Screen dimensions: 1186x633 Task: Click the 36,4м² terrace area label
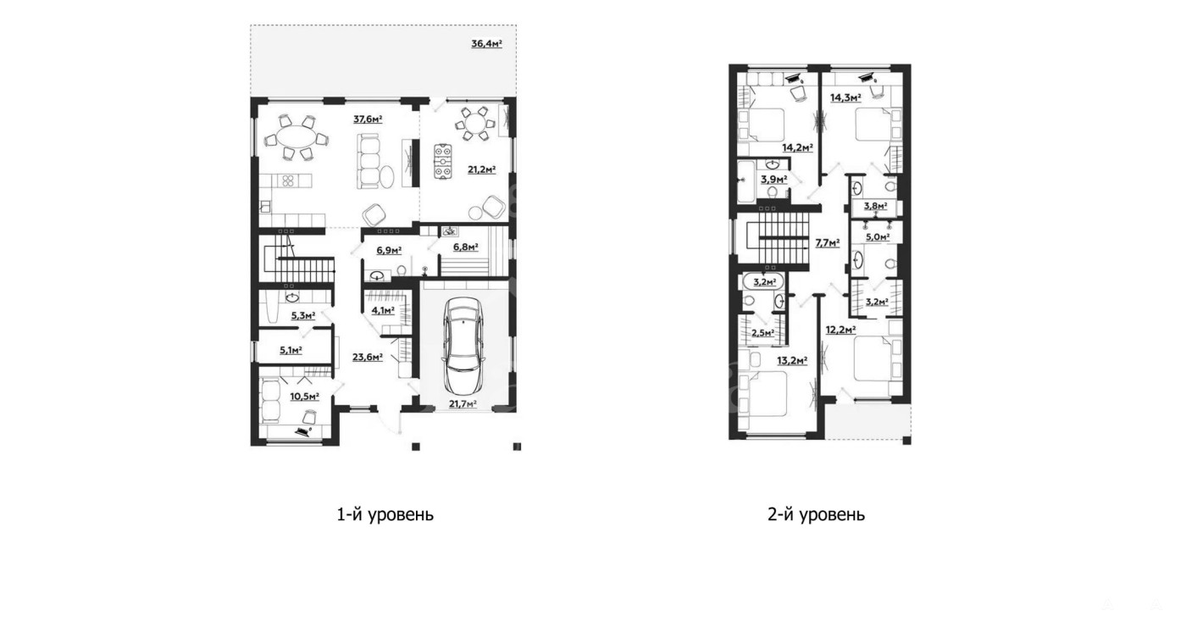click(486, 43)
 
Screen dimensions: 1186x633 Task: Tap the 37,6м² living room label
click(368, 119)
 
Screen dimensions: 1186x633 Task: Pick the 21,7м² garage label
click(463, 403)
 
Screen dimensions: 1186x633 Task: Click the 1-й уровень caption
click(385, 514)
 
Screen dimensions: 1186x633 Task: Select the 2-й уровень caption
click(816, 514)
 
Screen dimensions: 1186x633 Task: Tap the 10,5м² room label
click(304, 396)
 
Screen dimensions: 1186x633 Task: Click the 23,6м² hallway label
click(368, 357)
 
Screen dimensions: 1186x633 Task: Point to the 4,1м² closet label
click(383, 310)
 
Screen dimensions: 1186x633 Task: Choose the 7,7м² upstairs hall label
click(828, 243)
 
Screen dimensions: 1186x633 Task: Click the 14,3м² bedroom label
click(845, 97)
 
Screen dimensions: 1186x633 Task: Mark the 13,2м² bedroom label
click(792, 361)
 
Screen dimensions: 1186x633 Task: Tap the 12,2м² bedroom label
click(841, 330)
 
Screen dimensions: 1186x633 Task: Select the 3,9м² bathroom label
click(774, 180)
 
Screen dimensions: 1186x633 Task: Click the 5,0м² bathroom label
click(878, 236)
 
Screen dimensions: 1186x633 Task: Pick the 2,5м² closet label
click(763, 333)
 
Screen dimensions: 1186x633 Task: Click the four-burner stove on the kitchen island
click(288, 180)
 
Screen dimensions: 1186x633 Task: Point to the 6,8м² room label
click(465, 247)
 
